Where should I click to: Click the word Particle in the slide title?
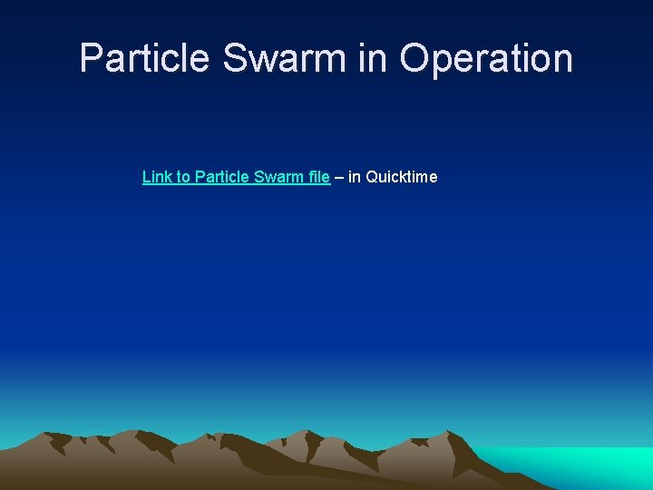coord(145,58)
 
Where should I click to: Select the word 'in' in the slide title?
coord(373,58)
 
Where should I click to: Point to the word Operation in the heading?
coord(486,58)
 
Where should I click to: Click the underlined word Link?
coord(156,177)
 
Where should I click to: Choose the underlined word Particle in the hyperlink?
coord(222,177)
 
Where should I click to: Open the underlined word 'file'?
coord(318,177)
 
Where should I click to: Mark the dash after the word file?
coord(339,177)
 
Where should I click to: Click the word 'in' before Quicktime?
coord(355,177)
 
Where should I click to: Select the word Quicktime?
coord(402,177)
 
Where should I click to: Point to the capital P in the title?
coord(90,58)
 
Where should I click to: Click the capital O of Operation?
coord(414,58)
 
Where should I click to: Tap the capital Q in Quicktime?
coord(372,177)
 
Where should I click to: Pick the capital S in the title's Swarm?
coord(235,58)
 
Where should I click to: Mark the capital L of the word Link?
coord(146,177)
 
